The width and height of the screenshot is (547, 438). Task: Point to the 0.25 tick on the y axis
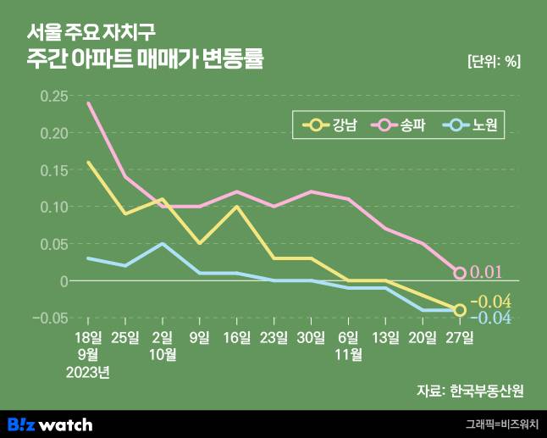tap(53, 96)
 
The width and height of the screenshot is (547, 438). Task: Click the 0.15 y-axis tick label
tap(53, 169)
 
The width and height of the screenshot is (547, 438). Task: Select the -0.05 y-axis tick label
tap(51, 318)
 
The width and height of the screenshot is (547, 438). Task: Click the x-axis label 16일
tap(236, 337)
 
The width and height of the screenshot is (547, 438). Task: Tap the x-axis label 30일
tap(311, 337)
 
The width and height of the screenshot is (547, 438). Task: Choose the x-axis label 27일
tap(460, 337)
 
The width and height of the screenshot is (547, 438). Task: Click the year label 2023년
tap(88, 371)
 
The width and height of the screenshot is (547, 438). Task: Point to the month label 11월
tap(348, 354)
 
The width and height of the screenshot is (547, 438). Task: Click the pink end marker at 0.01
tap(460, 273)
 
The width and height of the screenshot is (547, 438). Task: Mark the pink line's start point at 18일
tap(88, 103)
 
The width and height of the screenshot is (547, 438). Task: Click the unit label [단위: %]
tap(493, 60)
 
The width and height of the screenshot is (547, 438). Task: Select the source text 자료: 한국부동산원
tap(470, 391)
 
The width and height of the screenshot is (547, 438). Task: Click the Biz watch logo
tap(50, 424)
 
